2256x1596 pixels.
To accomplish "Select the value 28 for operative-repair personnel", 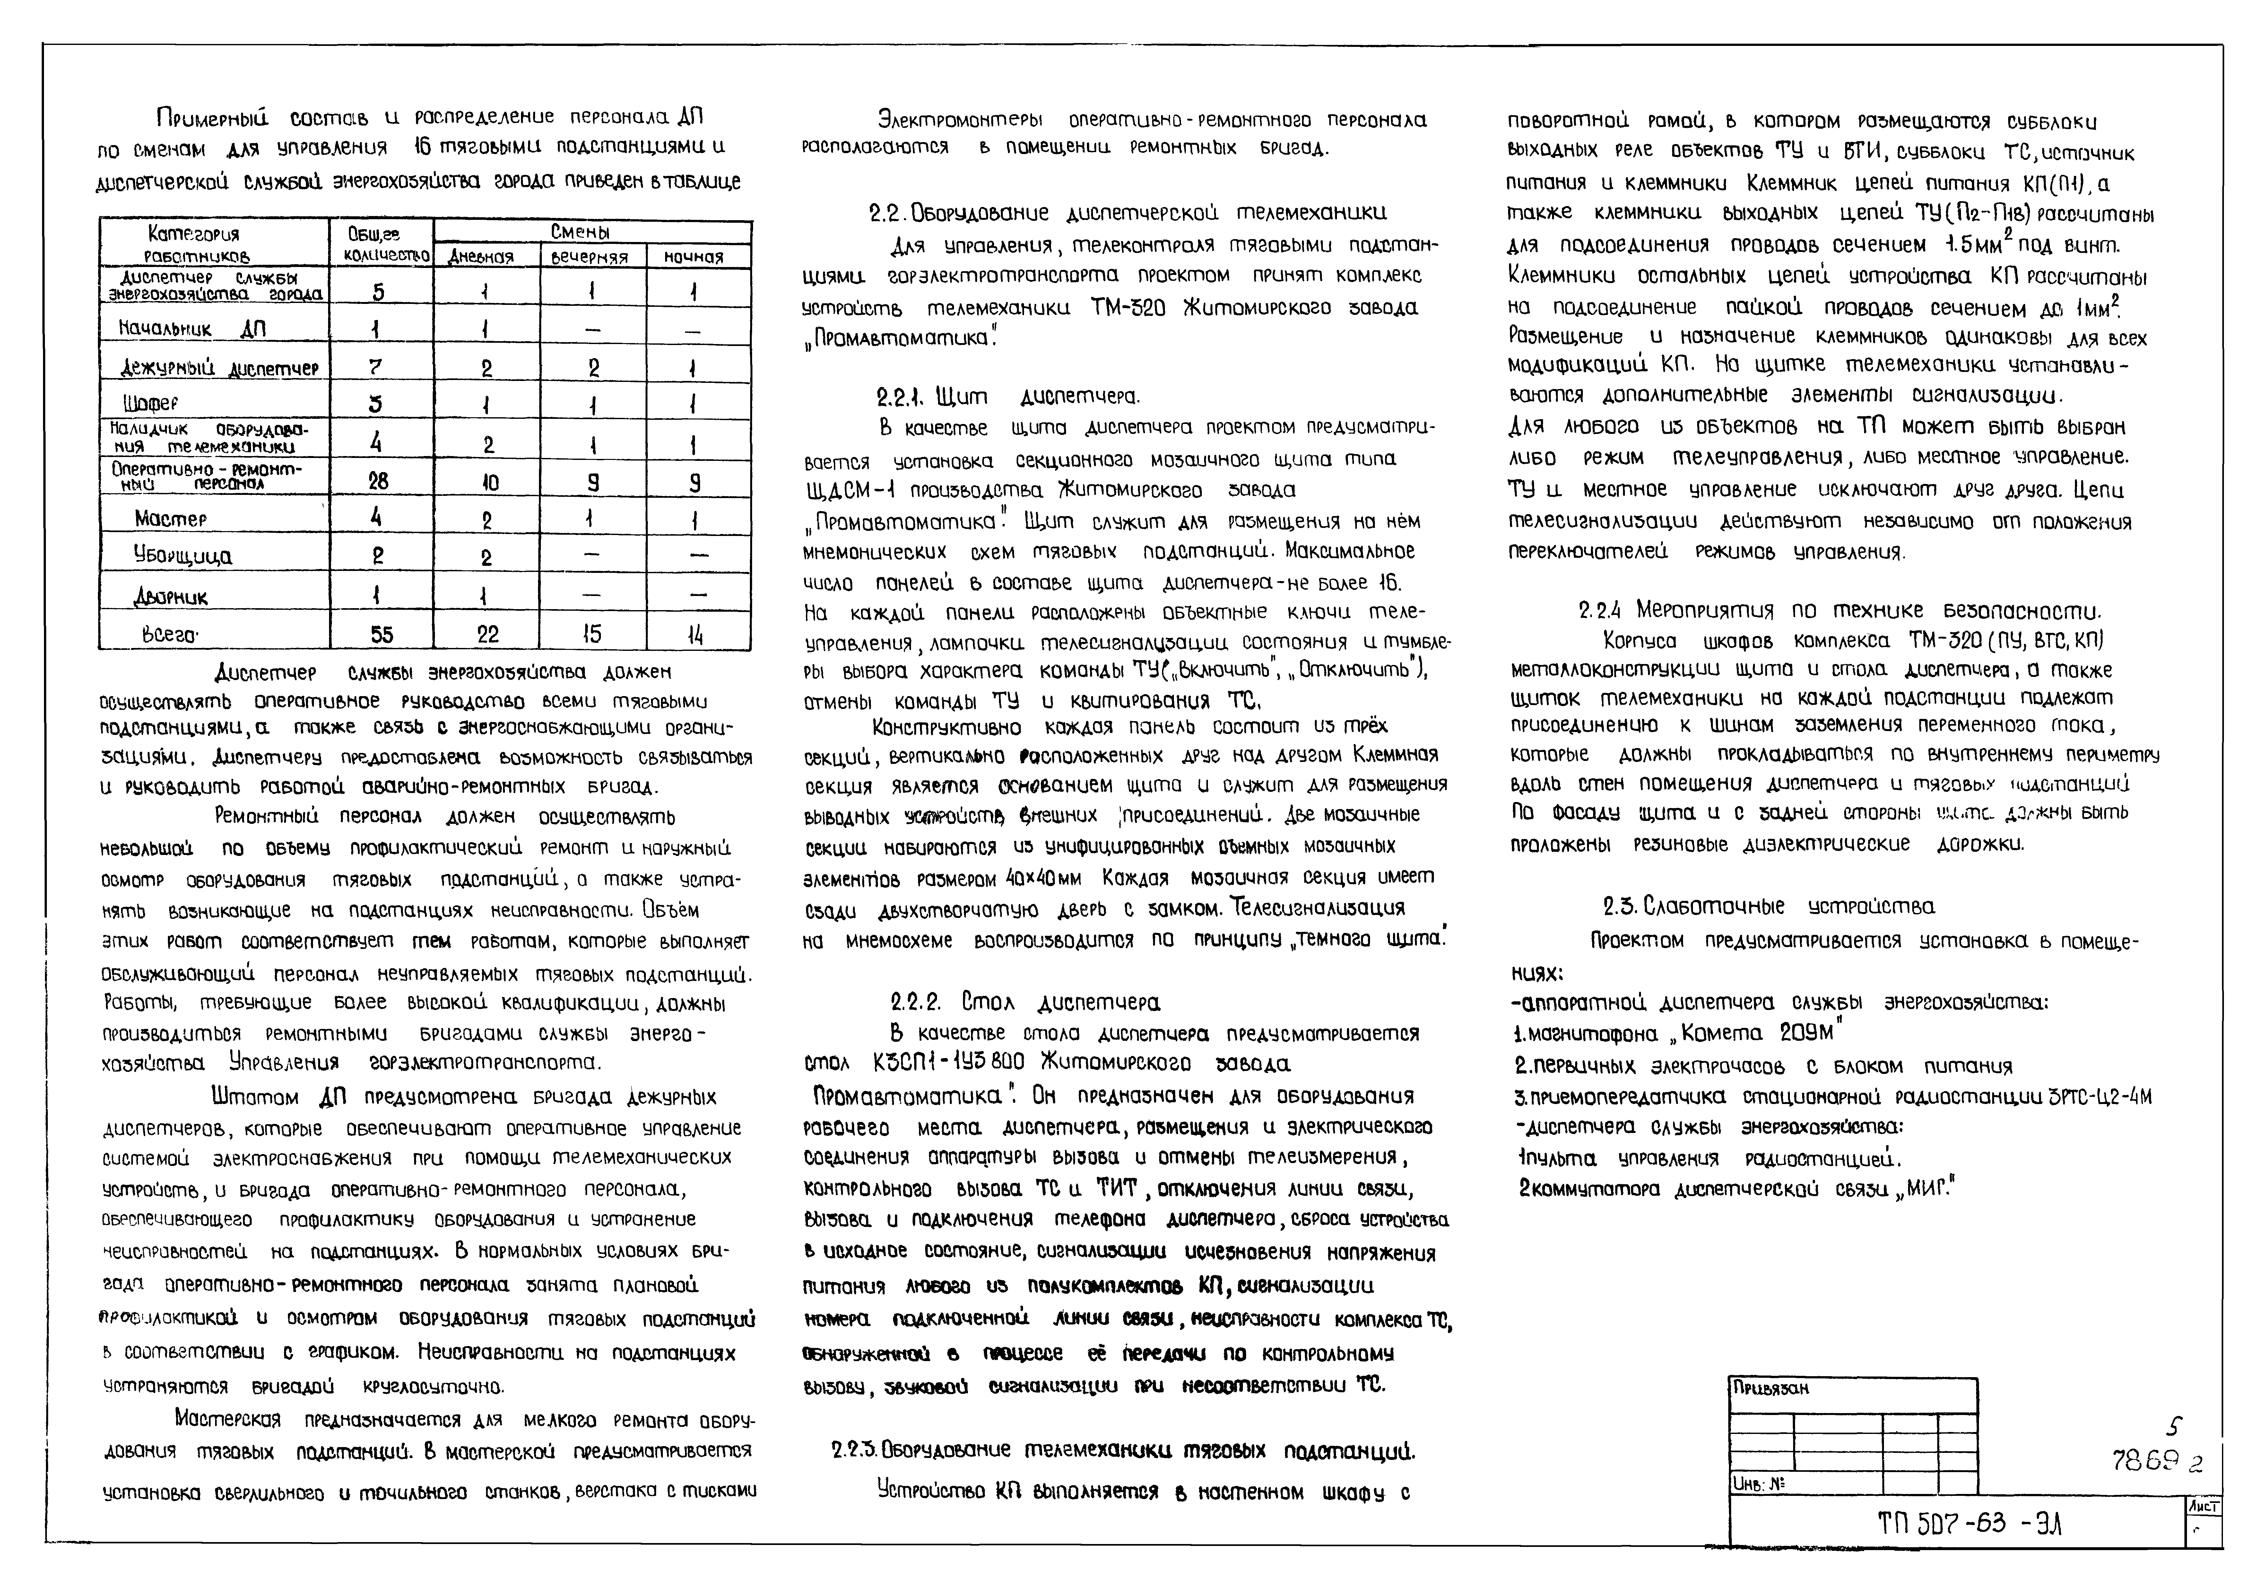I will pos(378,480).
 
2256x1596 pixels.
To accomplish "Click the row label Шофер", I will pos(151,403).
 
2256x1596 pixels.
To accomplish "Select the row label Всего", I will pos(171,635).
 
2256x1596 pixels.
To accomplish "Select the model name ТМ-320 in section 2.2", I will pos(1127,307).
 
